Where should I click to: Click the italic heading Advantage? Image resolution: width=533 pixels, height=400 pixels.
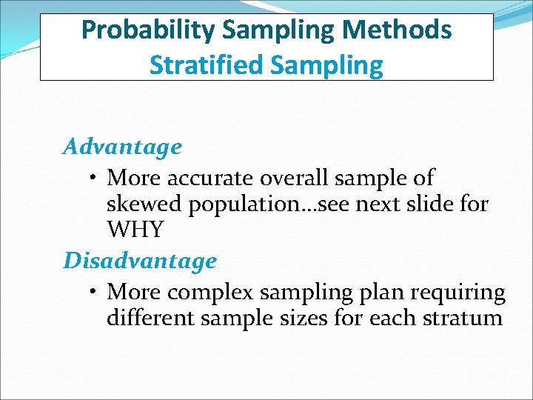tap(122, 147)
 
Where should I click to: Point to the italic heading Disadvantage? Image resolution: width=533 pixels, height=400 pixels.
tap(140, 261)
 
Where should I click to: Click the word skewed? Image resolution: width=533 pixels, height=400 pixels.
tap(144, 204)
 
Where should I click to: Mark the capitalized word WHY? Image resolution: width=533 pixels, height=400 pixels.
tap(135, 230)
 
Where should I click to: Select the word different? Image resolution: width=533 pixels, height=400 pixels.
tap(148, 319)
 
